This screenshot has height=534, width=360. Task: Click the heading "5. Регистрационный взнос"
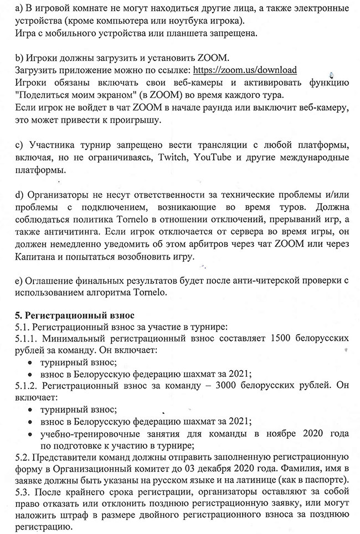pos(74,316)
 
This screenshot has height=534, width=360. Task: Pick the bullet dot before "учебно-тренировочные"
pos(29,434)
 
